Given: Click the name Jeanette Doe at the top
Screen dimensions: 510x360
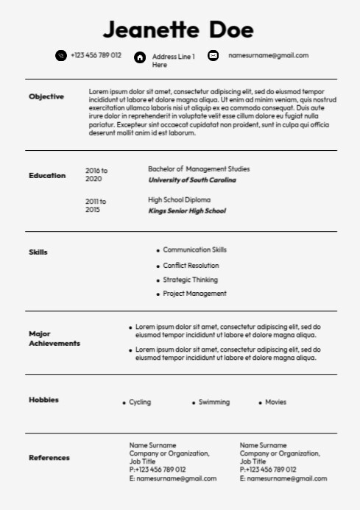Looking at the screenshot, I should point(178,30).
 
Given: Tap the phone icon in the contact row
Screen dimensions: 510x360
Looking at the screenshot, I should point(60,55).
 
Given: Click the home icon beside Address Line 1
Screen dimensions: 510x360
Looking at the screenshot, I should point(140,57).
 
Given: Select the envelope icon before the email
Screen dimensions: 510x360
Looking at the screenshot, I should point(213,55).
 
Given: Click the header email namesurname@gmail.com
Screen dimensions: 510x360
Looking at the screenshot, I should point(268,55).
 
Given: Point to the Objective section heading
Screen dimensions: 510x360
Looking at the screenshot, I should point(46,96).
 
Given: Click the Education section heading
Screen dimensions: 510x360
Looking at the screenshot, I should point(47,175).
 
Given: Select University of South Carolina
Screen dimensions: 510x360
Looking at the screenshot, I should point(192,180).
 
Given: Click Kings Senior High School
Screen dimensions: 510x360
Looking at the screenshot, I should point(187,211).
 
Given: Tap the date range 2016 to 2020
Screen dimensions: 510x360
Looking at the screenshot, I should point(96,174).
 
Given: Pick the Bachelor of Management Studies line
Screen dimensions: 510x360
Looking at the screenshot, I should point(199,169).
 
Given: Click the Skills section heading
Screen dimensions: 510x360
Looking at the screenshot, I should point(38,252).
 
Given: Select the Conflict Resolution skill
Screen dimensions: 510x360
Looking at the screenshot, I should point(191,266).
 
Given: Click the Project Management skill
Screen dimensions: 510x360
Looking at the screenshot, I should point(194,294).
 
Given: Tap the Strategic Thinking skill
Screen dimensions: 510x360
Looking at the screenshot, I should point(190,280).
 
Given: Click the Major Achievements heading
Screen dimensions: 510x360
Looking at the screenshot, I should point(54,339).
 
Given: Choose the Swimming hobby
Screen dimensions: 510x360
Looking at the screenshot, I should point(213,403).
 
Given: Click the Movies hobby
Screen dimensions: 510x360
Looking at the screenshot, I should point(275,403).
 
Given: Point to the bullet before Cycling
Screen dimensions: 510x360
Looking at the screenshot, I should point(124,403).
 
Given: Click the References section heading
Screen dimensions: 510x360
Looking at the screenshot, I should point(49,458).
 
